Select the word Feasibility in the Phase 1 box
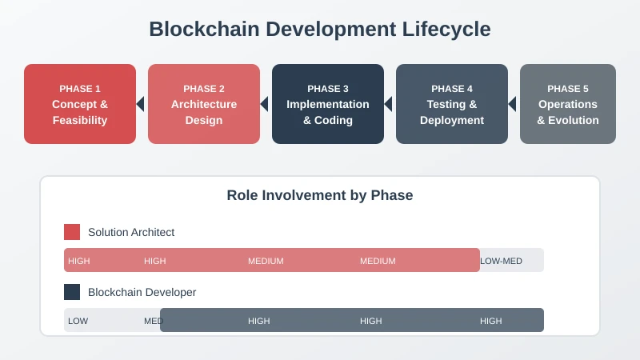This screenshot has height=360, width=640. [80, 120]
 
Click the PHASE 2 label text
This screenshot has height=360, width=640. [204, 89]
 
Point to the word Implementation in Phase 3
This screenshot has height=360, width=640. [328, 104]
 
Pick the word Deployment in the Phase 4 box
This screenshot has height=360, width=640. [452, 120]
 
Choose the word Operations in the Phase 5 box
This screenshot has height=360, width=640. [568, 104]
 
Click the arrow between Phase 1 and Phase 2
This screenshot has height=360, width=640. [140, 104]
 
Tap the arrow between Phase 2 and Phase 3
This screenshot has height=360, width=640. [264, 104]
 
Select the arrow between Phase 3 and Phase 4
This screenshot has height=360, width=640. [388, 104]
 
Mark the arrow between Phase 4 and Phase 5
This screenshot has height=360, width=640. [512, 104]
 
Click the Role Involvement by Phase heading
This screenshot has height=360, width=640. [320, 195]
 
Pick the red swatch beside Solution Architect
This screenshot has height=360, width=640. [72, 232]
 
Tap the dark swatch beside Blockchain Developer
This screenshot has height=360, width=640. [72, 292]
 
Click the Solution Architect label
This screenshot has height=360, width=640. [131, 232]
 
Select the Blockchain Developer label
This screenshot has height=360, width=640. [142, 292]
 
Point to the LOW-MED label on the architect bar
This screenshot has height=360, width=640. [501, 261]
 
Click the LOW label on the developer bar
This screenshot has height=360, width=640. [78, 321]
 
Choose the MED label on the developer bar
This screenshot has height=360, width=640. [153, 321]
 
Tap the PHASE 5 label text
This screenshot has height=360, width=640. [568, 89]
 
